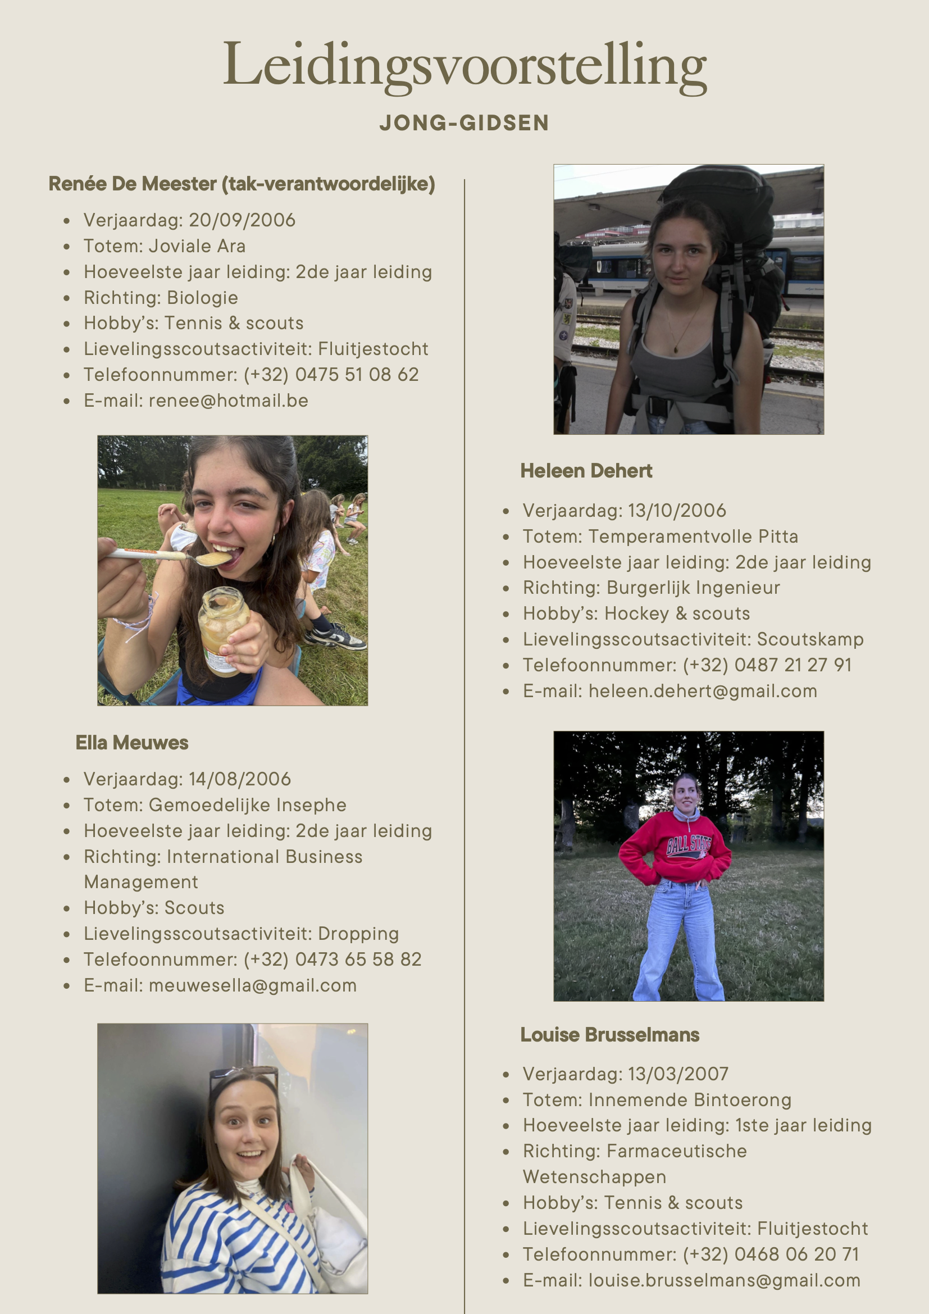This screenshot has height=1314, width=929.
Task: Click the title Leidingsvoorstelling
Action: [464, 65]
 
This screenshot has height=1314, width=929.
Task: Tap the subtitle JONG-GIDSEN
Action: [464, 123]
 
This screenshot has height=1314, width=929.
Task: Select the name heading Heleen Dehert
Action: [586, 471]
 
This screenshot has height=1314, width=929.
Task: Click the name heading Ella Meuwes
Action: [131, 743]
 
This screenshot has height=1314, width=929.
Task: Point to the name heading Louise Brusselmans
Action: [609, 1035]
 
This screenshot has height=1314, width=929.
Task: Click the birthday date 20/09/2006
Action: [242, 220]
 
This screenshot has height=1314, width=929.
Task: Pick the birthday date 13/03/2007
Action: [678, 1074]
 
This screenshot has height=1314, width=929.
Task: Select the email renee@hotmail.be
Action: [228, 401]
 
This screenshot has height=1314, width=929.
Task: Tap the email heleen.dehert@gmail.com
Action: [703, 692]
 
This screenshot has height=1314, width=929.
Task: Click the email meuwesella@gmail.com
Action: [252, 985]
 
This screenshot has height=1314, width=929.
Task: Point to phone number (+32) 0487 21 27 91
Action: [767, 665]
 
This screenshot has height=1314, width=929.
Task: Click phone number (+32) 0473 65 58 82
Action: [333, 960]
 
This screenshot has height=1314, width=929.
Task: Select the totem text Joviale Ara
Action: [197, 246]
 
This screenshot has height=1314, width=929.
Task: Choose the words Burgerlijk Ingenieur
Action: [693, 588]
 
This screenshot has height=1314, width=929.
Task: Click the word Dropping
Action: [358, 934]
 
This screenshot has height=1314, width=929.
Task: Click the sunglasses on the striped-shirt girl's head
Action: [243, 1076]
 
